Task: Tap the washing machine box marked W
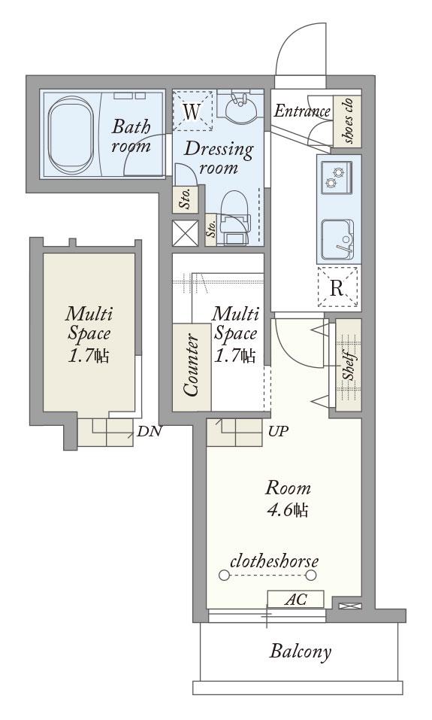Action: (192, 111)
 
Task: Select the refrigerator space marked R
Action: (337, 287)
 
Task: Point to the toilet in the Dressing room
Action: (235, 217)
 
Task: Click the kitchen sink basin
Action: (337, 240)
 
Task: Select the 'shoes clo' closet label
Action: (348, 121)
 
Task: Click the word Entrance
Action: (302, 111)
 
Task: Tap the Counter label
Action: (191, 365)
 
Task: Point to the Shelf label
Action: (349, 365)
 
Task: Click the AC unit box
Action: (296, 599)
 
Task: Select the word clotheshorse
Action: (274, 561)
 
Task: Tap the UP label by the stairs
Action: (279, 431)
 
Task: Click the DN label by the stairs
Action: (150, 431)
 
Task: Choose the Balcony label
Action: (301, 651)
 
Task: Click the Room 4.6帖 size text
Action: (288, 498)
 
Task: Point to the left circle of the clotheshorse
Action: (224, 575)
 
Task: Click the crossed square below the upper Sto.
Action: (186, 232)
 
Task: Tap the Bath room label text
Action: (131, 135)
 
